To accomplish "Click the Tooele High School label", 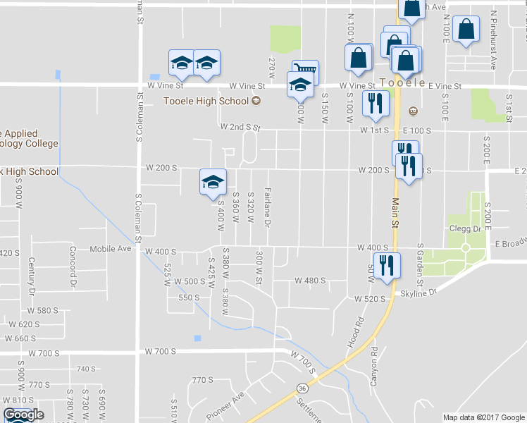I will (x=206, y=101).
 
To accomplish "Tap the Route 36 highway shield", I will (x=302, y=388).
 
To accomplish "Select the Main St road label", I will (x=395, y=211).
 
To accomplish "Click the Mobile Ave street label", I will (x=111, y=249).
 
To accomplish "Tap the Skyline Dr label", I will (x=419, y=291).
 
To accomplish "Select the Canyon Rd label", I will (x=374, y=361).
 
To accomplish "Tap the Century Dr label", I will (x=32, y=276).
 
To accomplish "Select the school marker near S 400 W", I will (x=213, y=180).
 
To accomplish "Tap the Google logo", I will (x=23, y=415).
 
